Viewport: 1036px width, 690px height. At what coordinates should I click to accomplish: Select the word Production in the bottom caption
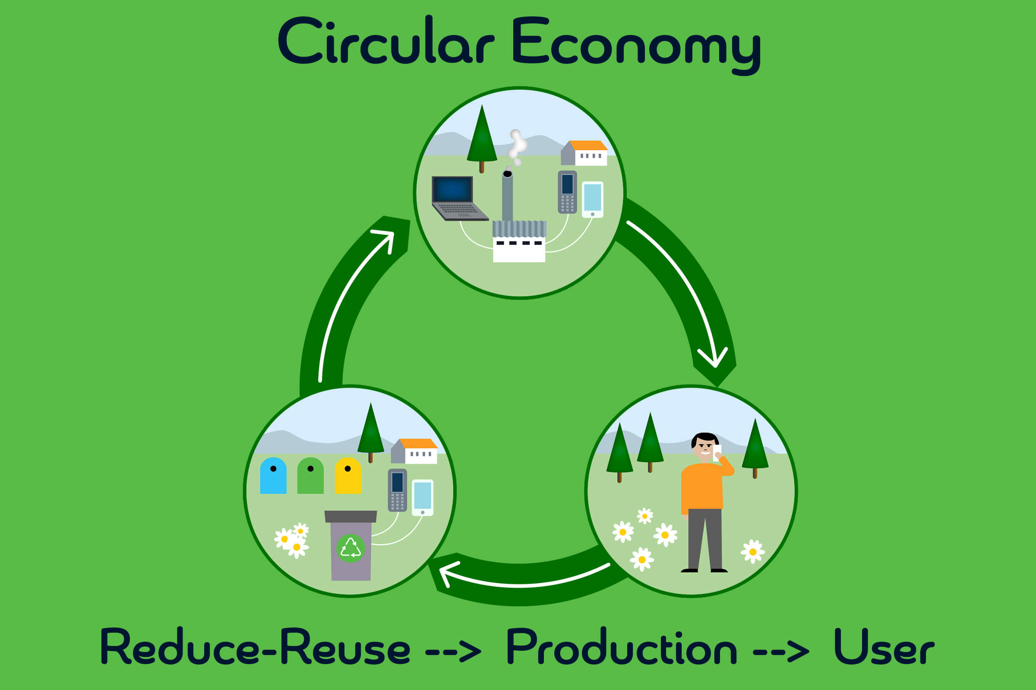click(x=622, y=647)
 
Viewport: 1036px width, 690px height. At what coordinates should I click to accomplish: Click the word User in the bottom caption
click(x=884, y=647)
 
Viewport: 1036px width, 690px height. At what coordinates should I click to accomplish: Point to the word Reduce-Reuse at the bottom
click(x=256, y=647)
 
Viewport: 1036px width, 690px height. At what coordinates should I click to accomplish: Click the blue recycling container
click(x=273, y=476)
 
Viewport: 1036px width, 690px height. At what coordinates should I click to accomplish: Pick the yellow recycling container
click(x=347, y=476)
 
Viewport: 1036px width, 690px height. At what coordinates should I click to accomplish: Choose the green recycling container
click(x=310, y=476)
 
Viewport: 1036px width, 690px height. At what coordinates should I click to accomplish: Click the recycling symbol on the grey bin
click(x=351, y=548)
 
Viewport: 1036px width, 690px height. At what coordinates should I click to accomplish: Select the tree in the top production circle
click(x=482, y=136)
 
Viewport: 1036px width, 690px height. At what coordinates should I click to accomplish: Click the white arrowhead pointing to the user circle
click(x=714, y=359)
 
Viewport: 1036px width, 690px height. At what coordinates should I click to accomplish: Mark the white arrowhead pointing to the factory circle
click(x=385, y=238)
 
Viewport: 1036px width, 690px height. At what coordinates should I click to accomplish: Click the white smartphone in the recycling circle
click(x=423, y=497)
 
